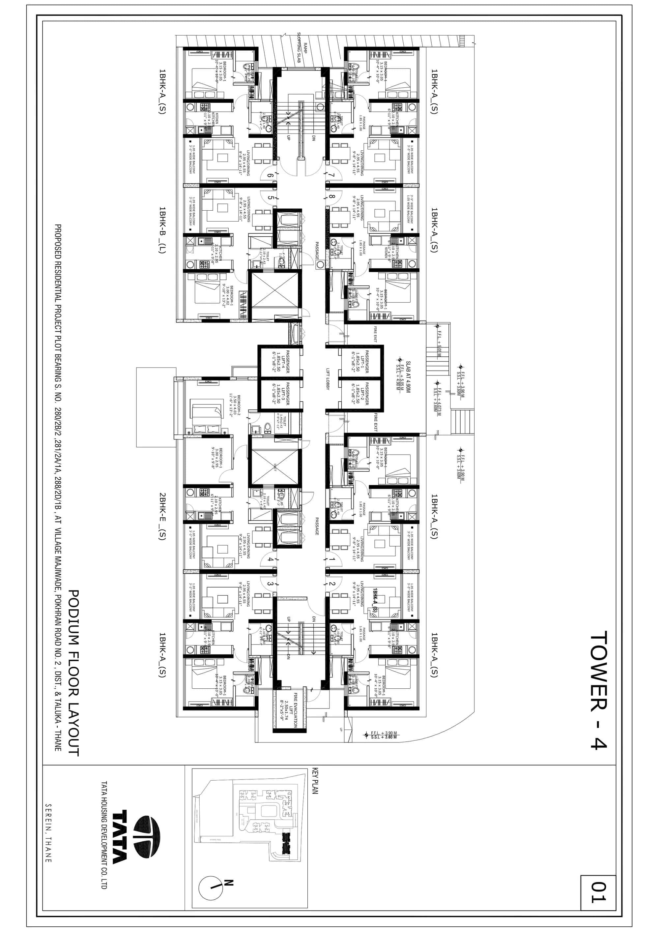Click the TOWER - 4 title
point(599,690)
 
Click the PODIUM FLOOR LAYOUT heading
point(73,672)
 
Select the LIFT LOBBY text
point(328,379)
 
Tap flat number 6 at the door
point(271,176)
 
